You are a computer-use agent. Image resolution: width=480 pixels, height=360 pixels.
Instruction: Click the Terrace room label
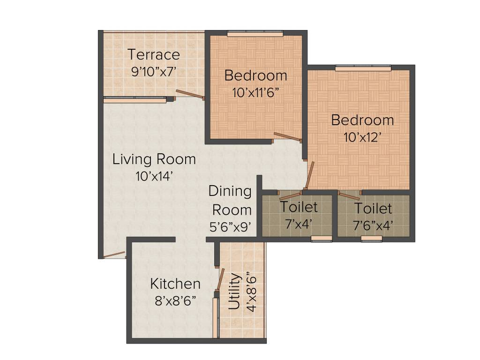[154, 54]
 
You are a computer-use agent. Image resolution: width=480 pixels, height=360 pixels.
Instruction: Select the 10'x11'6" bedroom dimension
[255, 92]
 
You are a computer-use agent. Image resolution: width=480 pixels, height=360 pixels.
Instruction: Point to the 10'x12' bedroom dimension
[362, 137]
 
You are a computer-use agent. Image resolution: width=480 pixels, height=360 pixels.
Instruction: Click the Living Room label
[154, 159]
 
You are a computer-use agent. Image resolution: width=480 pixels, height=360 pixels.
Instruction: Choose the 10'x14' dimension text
[154, 176]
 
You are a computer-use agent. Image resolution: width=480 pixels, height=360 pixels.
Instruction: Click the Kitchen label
[175, 284]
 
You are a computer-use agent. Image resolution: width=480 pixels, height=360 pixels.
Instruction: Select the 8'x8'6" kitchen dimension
[175, 300]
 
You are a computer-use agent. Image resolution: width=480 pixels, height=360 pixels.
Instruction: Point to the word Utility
[235, 292]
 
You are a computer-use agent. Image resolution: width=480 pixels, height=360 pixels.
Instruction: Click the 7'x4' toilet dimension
[299, 224]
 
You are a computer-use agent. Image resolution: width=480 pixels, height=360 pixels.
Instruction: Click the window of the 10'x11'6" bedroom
[255, 34]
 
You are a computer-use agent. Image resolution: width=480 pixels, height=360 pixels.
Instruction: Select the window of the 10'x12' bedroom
[363, 68]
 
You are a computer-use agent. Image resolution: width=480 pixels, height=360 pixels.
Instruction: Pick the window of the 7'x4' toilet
[322, 239]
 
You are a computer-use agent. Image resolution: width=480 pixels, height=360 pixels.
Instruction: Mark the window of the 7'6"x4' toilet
[371, 239]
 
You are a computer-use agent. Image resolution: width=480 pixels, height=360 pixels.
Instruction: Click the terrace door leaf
[190, 95]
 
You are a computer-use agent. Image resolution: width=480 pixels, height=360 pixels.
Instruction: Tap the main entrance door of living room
[114, 255]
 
